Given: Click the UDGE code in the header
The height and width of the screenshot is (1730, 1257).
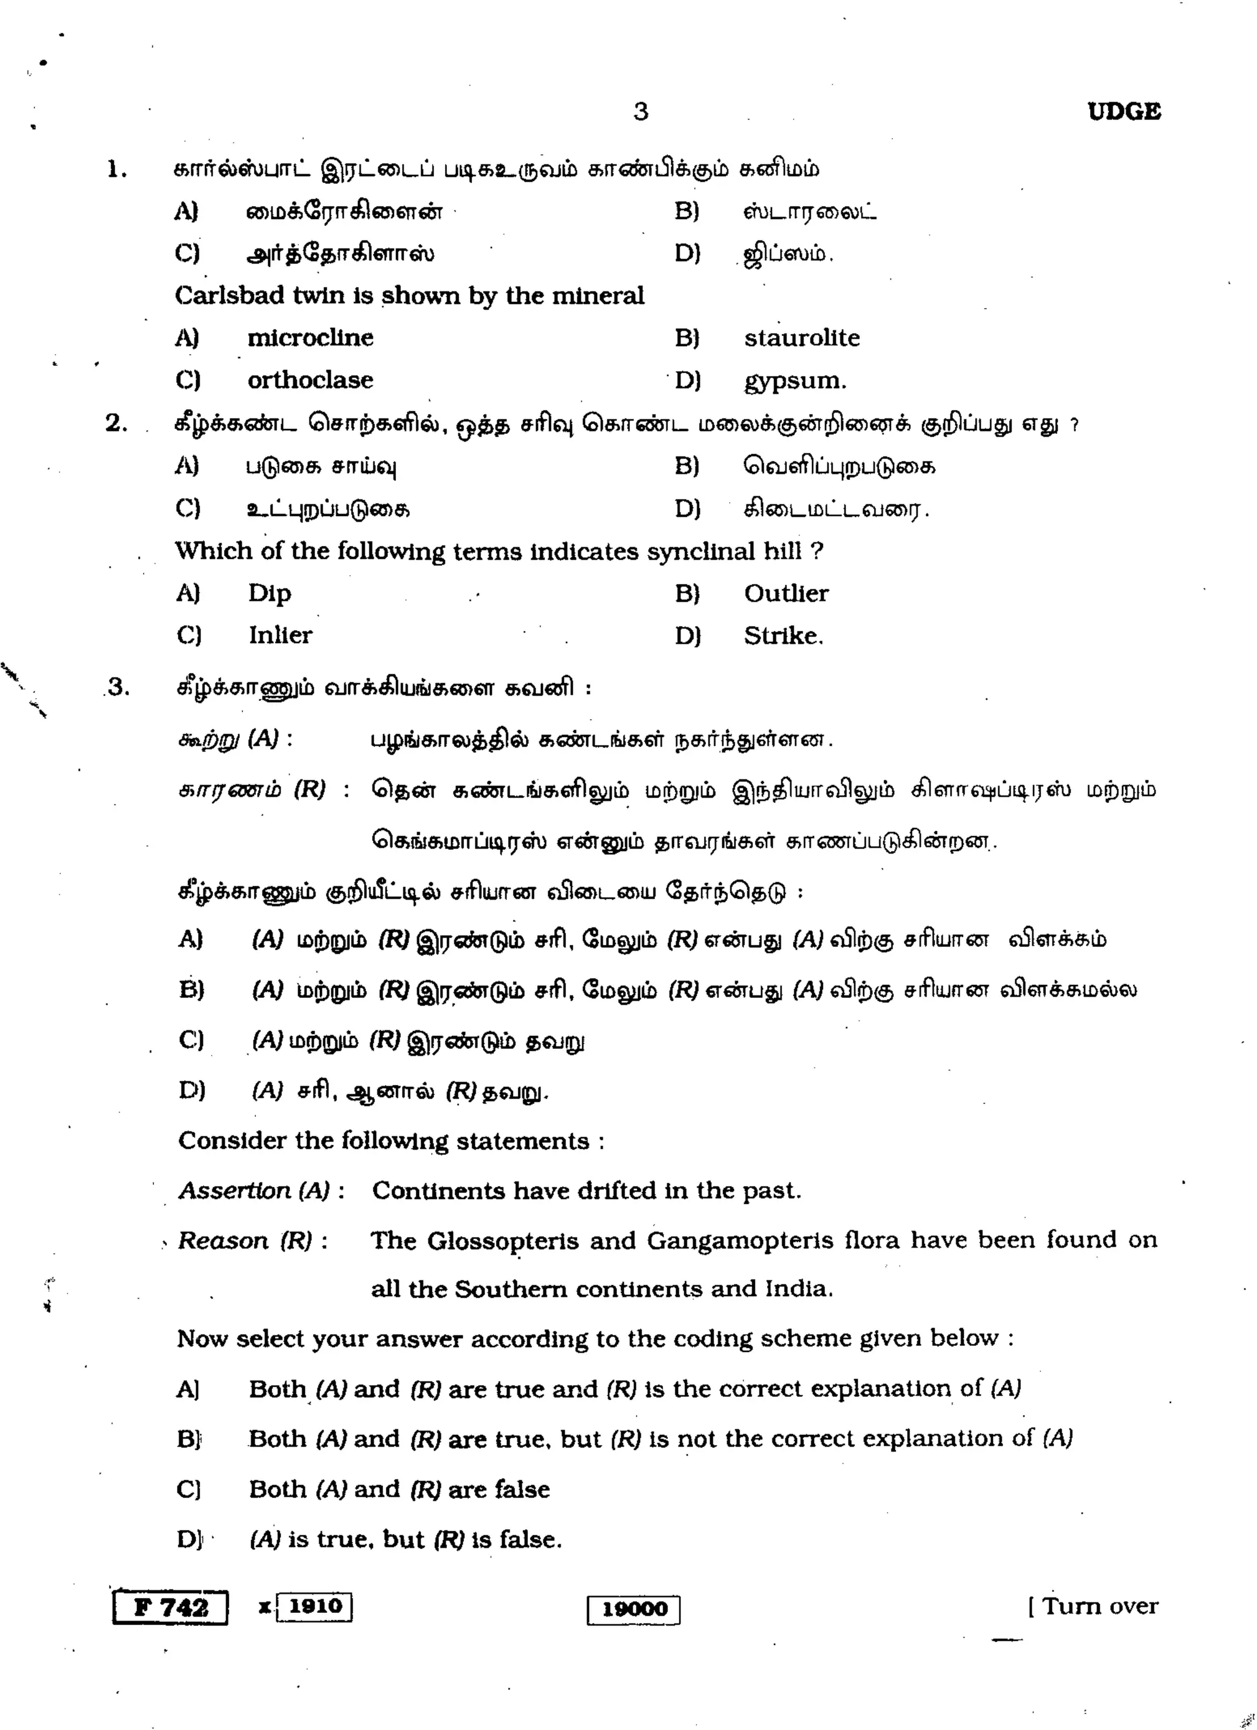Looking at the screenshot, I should point(1124,112).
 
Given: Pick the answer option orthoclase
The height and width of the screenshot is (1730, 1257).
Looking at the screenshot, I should point(311,380).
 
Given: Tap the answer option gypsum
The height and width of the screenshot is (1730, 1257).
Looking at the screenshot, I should point(795,380).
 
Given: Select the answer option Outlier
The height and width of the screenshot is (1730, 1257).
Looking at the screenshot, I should point(786,593).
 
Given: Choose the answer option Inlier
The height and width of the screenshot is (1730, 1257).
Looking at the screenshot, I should point(280,635).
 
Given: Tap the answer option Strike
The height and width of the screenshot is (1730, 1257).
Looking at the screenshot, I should point(783,635).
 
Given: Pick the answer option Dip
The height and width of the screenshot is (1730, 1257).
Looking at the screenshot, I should point(269,593).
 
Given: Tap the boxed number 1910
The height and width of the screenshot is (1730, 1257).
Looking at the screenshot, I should point(314,1605).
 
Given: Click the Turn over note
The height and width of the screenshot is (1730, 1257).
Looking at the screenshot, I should point(1093,1607).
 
